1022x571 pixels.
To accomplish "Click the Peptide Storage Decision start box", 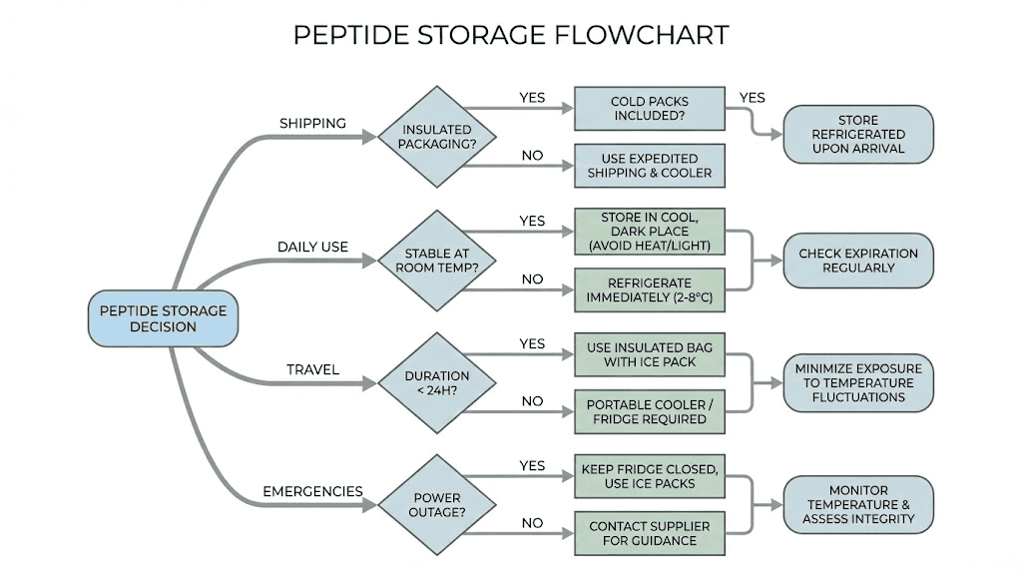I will [164, 318].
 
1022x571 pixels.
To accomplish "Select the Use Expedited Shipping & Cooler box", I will [650, 166].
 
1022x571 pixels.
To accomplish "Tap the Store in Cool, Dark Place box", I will [650, 233].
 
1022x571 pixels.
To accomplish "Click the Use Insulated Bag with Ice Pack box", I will [650, 354].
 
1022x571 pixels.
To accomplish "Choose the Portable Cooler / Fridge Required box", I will [650, 411].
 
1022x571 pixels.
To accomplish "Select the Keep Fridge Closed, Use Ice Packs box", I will [650, 476].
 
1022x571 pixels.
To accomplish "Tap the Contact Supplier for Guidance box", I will [650, 533].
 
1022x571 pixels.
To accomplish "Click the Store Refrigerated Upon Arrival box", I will [858, 135].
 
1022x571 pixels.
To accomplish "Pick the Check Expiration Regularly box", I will [858, 261].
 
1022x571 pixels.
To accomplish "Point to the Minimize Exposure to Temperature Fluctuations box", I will [858, 383].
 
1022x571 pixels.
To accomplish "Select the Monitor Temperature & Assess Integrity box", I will [858, 505].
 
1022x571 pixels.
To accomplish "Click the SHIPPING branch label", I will [312, 124].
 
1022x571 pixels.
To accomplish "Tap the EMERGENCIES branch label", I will [312, 492].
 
